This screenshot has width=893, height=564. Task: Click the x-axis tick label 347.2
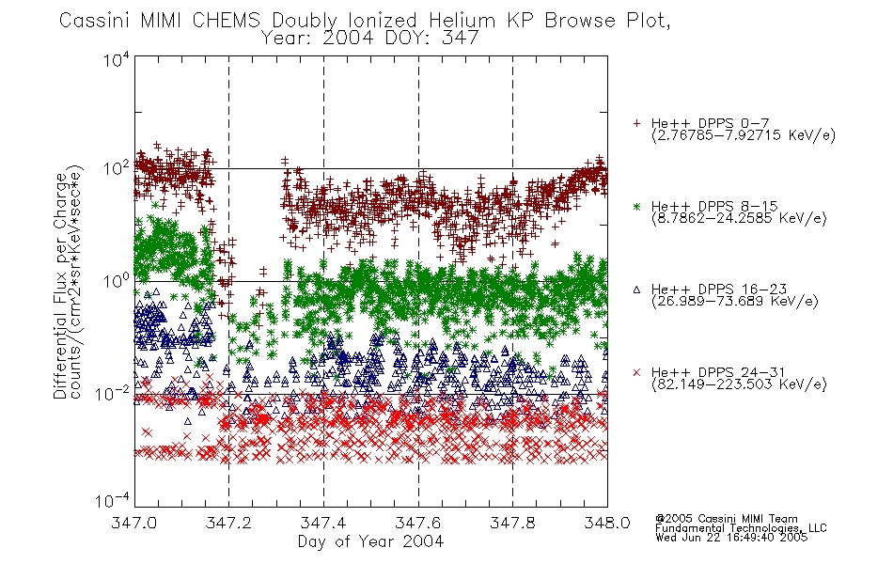tap(228, 523)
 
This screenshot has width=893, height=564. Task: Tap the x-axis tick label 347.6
tap(418, 523)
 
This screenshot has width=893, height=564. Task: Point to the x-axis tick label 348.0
tap(607, 523)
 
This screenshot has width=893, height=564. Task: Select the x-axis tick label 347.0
tap(134, 523)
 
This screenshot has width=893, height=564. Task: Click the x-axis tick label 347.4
tap(323, 523)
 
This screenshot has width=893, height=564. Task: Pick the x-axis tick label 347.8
tap(512, 523)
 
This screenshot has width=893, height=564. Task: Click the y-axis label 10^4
tap(117, 59)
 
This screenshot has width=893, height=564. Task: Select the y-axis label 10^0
tap(117, 281)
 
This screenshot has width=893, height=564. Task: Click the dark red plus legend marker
tap(636, 123)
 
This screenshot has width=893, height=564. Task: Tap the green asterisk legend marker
tap(636, 206)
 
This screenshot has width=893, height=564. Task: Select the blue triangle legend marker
tap(636, 290)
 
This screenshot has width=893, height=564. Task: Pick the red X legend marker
tap(636, 372)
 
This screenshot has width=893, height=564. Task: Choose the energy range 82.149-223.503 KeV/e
tap(739, 384)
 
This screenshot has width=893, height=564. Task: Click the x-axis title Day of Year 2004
tap(370, 541)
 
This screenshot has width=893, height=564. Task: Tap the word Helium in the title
tap(462, 21)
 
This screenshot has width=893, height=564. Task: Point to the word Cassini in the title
tap(96, 21)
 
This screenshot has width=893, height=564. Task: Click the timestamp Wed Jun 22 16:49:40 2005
tap(731, 537)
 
